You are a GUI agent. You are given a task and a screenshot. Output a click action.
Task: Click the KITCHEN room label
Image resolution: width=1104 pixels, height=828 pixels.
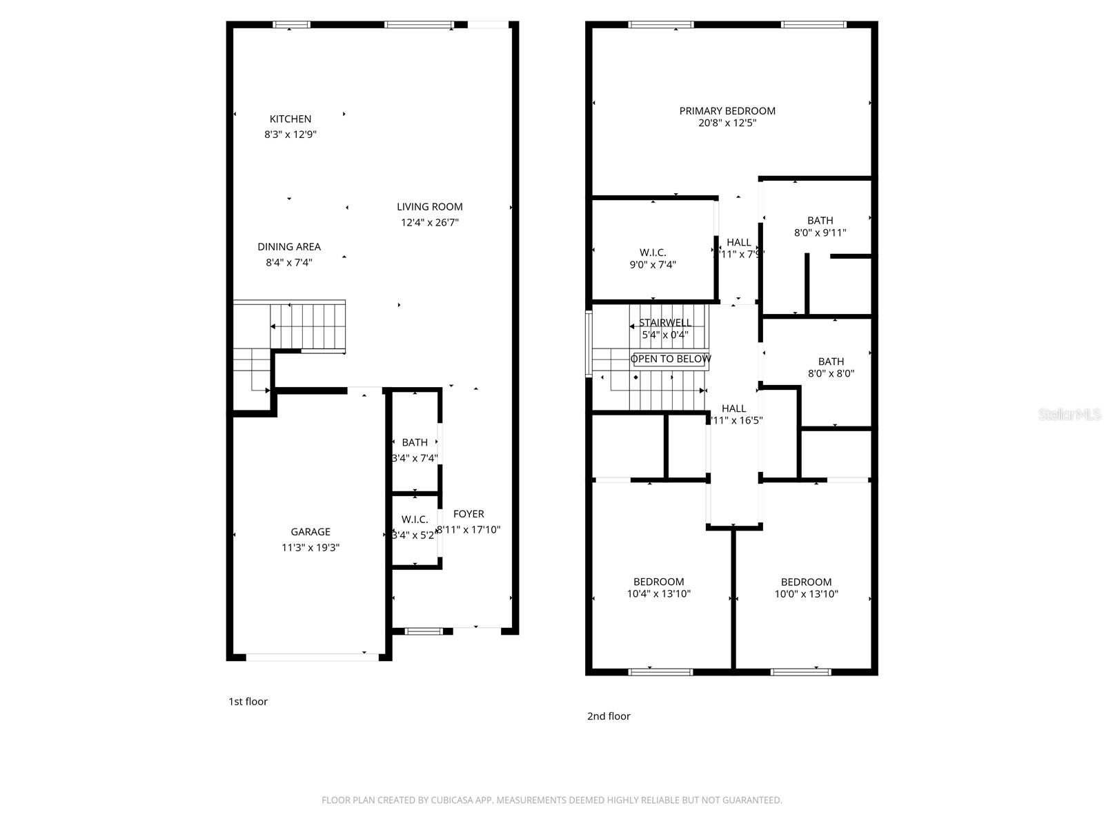tap(290, 119)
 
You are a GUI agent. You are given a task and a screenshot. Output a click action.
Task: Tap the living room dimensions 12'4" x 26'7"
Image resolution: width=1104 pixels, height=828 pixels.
tap(429, 222)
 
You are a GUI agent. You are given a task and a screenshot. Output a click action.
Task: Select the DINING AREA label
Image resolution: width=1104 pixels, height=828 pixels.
tap(288, 246)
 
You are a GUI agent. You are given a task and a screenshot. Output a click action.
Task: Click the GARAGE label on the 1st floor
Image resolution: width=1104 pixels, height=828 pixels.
tap(310, 531)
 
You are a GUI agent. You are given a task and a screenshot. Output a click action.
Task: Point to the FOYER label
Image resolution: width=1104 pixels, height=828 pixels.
tap(469, 514)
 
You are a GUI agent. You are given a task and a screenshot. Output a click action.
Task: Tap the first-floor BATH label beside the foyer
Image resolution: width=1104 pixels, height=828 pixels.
tap(415, 442)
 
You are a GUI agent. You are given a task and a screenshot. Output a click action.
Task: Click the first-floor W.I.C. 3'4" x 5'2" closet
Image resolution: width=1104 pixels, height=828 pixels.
tap(415, 526)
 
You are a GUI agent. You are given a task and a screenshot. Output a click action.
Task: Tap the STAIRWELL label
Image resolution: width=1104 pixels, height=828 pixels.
tap(665, 322)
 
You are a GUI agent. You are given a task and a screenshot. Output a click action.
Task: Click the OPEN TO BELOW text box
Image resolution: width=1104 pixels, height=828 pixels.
tap(671, 359)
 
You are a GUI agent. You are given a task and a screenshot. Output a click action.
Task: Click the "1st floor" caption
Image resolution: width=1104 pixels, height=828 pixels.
tap(248, 702)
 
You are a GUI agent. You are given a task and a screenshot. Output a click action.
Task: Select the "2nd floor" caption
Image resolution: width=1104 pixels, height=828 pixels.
tap(609, 716)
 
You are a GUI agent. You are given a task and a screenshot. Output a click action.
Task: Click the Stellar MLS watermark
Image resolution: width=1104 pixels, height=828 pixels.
tap(1069, 415)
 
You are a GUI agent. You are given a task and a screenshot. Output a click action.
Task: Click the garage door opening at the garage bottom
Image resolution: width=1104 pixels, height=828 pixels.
tap(312, 658)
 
